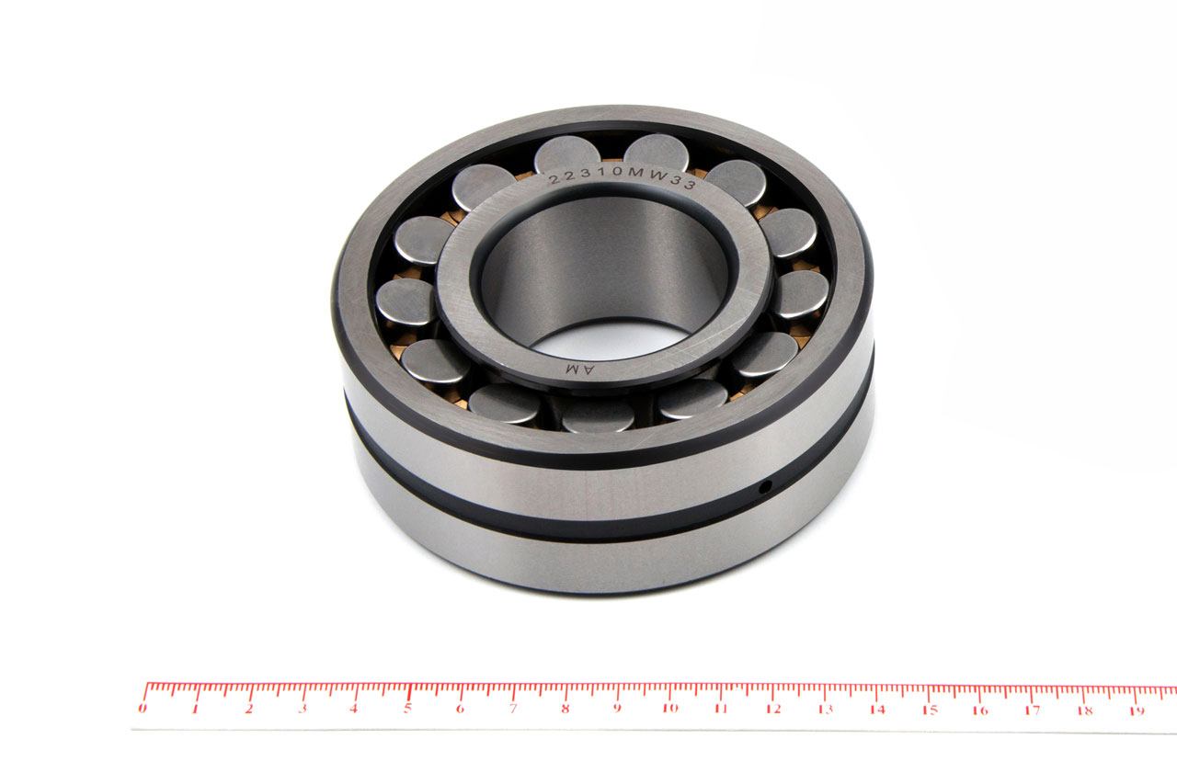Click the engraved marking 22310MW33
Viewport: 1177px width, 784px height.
[623, 178]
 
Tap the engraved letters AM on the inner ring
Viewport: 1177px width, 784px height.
[580, 369]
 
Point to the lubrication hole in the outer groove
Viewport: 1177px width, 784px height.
[766, 487]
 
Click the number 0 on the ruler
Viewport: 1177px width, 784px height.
[143, 709]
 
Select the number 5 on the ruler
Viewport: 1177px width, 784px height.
[407, 709]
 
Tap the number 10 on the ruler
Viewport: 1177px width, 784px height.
[670, 709]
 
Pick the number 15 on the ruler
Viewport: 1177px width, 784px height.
[930, 710]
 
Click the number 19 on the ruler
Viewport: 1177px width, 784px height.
[1137, 711]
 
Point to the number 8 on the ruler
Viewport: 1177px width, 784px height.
[566, 709]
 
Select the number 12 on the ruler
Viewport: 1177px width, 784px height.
[773, 709]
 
